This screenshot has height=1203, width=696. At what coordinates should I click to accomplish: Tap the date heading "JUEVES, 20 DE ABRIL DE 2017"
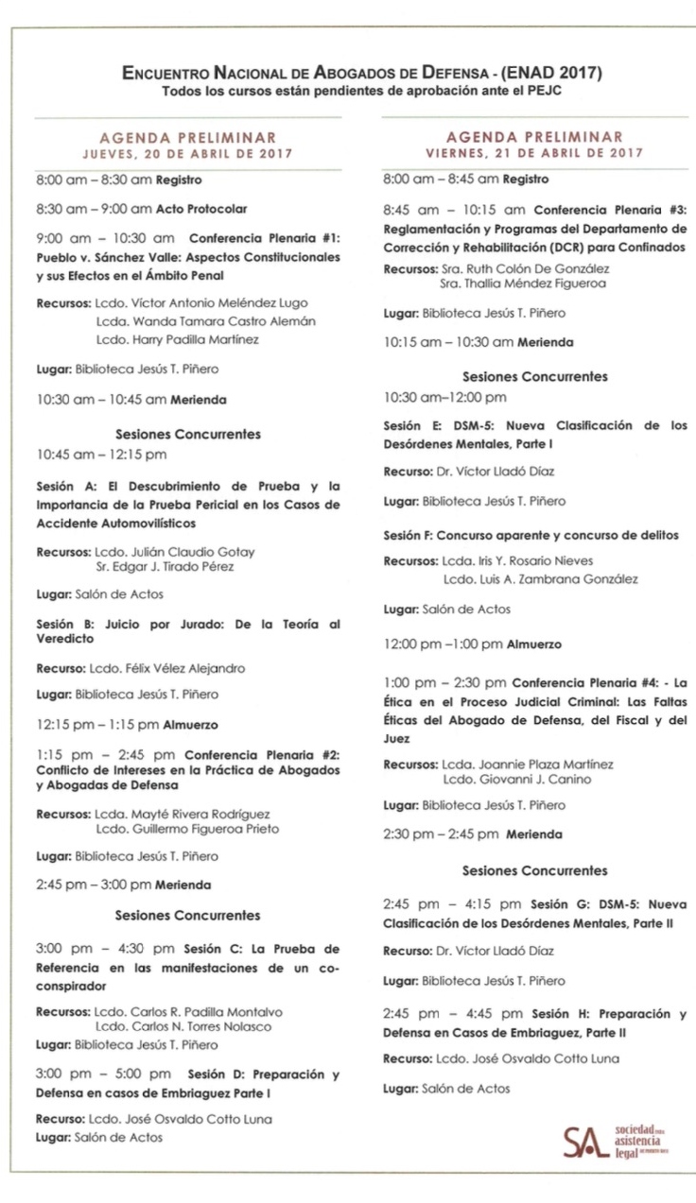point(187,153)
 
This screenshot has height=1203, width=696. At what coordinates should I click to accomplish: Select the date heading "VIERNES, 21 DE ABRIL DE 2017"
point(534,153)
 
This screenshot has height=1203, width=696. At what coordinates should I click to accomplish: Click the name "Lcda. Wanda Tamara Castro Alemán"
point(205,321)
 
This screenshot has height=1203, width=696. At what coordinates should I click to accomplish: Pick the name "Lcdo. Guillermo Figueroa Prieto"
point(187,829)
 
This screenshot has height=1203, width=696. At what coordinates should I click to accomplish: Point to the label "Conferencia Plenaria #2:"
point(262,754)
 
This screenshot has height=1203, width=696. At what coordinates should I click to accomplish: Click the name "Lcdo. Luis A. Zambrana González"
point(540,578)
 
